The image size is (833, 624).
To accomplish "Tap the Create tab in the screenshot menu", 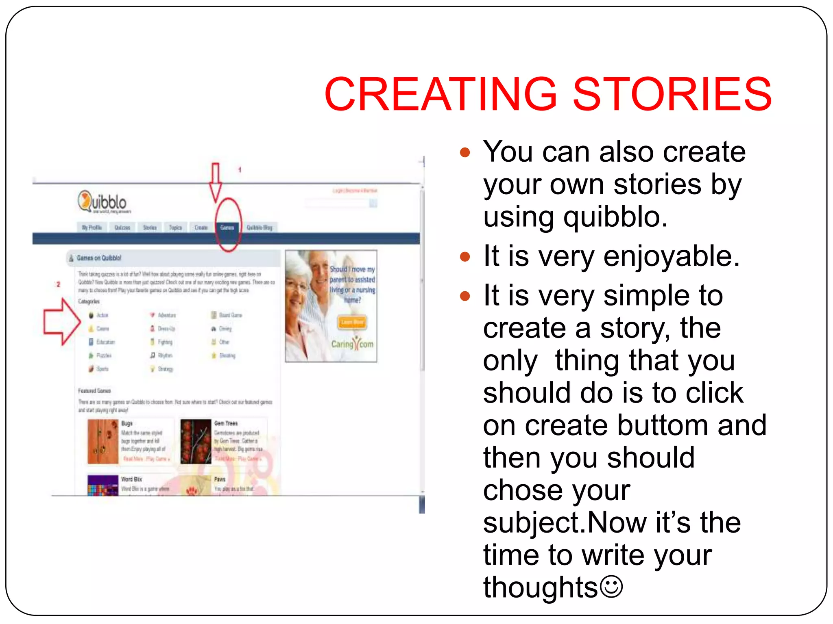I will click(x=201, y=227).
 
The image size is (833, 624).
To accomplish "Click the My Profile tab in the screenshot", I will click(x=92, y=227).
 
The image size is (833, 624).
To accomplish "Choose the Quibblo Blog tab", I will click(x=259, y=227).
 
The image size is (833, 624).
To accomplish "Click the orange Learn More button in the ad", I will click(x=352, y=322).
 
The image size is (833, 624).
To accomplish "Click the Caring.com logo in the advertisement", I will click(x=352, y=344).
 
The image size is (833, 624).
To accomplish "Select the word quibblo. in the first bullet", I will click(x=615, y=217).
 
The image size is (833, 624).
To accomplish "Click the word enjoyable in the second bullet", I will click(x=671, y=257).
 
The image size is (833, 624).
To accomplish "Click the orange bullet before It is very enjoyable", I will click(x=465, y=257).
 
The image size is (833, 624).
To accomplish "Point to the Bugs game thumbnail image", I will click(x=103, y=442).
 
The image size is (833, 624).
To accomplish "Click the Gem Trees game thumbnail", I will click(x=196, y=442).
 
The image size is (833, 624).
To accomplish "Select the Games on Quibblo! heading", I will click(x=99, y=258).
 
